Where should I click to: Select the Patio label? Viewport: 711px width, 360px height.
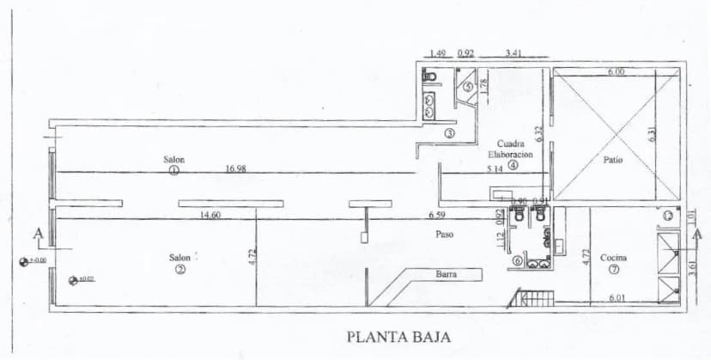pyautogui.click(x=612, y=160)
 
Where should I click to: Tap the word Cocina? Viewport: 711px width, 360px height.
pyautogui.click(x=613, y=258)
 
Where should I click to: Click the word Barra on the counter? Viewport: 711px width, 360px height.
pyautogui.click(x=445, y=275)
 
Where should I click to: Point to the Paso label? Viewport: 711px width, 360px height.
pyautogui.click(x=444, y=233)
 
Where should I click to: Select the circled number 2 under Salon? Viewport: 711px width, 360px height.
pyautogui.click(x=179, y=269)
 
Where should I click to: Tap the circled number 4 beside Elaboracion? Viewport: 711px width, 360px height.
pyautogui.click(x=513, y=166)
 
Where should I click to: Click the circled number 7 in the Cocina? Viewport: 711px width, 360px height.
pyautogui.click(x=613, y=269)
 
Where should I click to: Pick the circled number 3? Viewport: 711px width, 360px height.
pyautogui.click(x=449, y=133)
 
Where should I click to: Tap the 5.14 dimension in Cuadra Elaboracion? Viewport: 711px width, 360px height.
pyautogui.click(x=494, y=169)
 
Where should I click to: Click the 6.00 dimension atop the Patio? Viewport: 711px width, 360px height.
pyautogui.click(x=616, y=72)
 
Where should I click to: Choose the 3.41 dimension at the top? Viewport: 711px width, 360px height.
pyautogui.click(x=514, y=53)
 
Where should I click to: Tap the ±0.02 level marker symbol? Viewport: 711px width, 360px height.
pyautogui.click(x=72, y=278)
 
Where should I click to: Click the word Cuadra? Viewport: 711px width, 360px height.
pyautogui.click(x=511, y=143)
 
